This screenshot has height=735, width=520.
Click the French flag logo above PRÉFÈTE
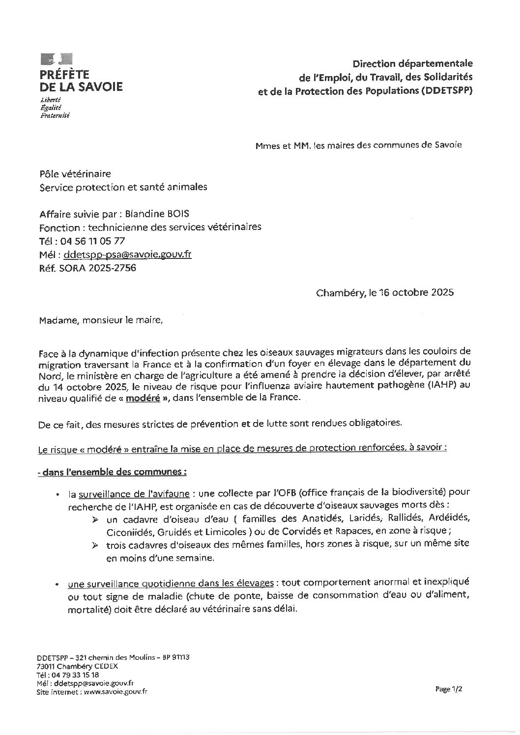pyautogui.click(x=56, y=59)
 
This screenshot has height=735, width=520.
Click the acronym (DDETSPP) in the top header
pyautogui.click(x=446, y=91)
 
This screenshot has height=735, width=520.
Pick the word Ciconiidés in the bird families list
pyautogui.click(x=126, y=532)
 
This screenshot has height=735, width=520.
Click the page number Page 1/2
pyautogui.click(x=449, y=689)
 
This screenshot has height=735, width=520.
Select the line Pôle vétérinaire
pyautogui.click(x=75, y=173)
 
